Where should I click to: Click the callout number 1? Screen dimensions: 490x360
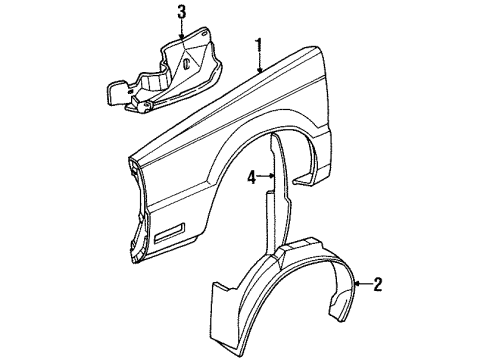point(258,44)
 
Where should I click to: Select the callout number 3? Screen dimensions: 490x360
point(181,12)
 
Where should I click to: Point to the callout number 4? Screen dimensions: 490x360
point(252,179)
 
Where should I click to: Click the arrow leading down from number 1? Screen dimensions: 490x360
point(259,63)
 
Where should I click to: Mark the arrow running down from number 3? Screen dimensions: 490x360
point(181,30)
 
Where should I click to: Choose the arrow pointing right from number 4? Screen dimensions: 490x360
point(266,179)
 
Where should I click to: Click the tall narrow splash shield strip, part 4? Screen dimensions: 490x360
point(277,200)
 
